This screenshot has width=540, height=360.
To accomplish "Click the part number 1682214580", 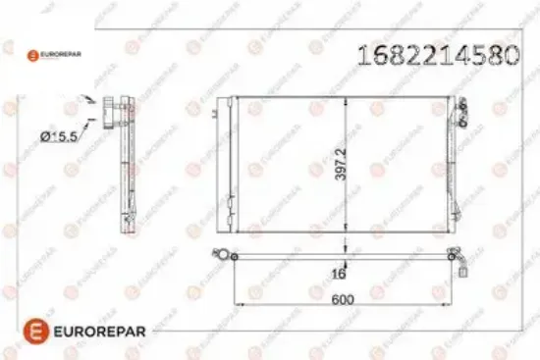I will point(439,55).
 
